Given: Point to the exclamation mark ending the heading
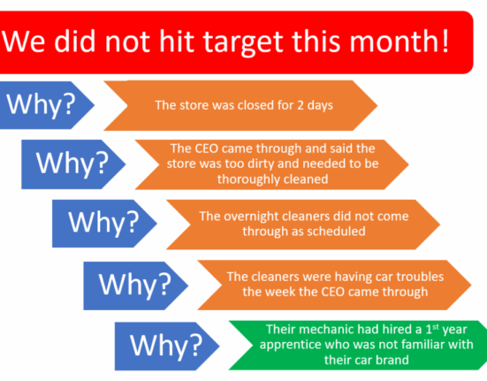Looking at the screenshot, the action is pyautogui.click(x=445, y=40).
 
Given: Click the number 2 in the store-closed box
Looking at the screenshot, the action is pyautogui.click(x=301, y=105).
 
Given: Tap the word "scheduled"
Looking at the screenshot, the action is pyautogui.click(x=337, y=232).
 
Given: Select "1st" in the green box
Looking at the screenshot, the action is pyautogui.click(x=432, y=329).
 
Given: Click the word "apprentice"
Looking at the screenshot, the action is pyautogui.click(x=287, y=345).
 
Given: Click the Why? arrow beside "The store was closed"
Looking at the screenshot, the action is pyautogui.click(x=47, y=105).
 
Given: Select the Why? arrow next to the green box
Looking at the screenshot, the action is pyautogui.click(x=167, y=346).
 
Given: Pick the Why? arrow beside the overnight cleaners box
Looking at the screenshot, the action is pyautogui.click(x=104, y=224).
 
